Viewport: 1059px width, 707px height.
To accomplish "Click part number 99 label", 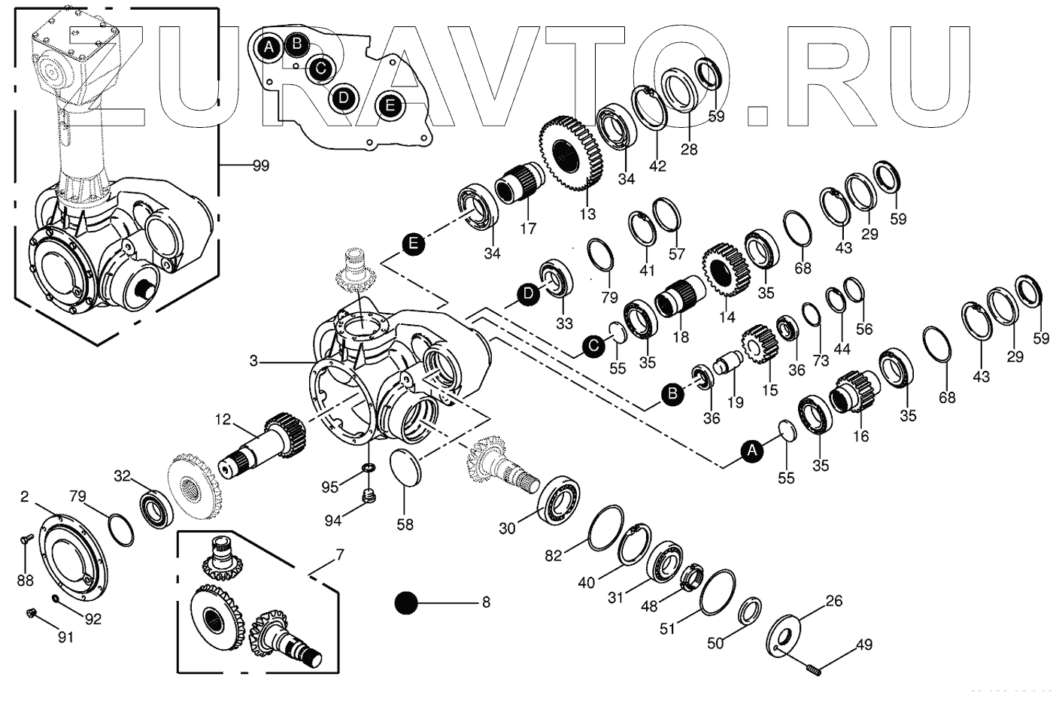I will tap(261, 165).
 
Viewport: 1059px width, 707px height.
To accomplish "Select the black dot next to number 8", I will tap(406, 602).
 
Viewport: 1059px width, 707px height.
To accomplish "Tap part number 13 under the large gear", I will tap(587, 214).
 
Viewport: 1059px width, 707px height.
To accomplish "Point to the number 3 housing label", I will tap(255, 362).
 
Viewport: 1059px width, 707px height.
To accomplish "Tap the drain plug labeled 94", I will tap(369, 497).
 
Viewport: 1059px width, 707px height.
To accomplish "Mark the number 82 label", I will tap(554, 555).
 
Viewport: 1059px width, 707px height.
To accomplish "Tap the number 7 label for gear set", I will tap(340, 555).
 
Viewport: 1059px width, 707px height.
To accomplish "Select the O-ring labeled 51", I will tap(716, 592).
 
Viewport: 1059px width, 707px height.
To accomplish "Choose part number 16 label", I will tap(861, 436).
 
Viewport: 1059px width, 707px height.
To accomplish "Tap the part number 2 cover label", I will tap(25, 496).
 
